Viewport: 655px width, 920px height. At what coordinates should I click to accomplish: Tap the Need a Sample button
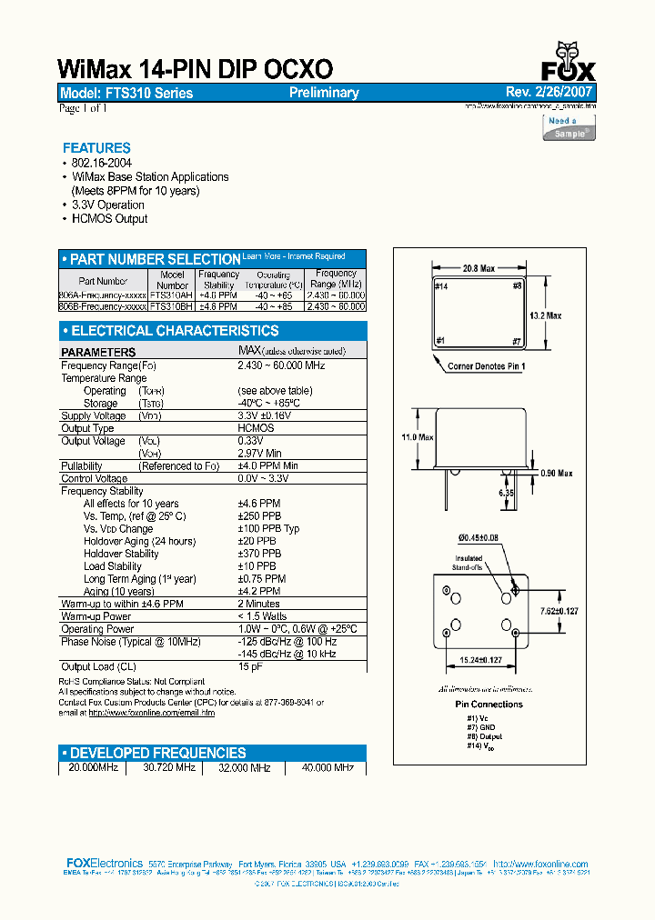click(569, 126)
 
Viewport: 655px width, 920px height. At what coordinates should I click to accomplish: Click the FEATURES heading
click(96, 147)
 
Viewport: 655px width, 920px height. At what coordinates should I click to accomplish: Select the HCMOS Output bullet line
click(109, 218)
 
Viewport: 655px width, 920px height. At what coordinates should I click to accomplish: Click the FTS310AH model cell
click(171, 295)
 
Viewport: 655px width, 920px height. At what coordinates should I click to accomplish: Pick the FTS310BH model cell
click(171, 307)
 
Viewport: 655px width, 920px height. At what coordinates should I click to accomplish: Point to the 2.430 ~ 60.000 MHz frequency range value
click(281, 365)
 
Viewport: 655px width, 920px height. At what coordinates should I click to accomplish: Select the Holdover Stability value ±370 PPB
click(259, 554)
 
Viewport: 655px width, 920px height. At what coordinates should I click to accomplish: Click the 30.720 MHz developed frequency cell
click(169, 767)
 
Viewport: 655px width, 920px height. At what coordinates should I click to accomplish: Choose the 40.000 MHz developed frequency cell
click(327, 767)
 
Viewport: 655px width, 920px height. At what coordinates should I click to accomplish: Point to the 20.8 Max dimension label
click(479, 269)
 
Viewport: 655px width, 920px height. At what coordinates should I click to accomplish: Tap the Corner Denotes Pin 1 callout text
click(487, 366)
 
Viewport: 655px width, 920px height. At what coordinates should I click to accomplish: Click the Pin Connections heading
click(489, 704)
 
